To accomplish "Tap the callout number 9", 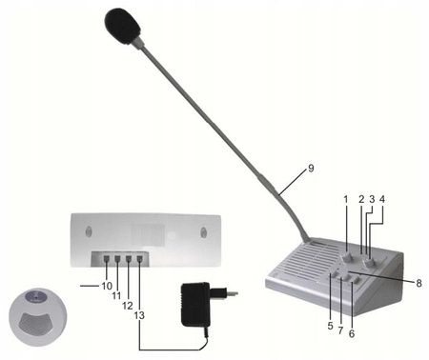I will (x=310, y=169).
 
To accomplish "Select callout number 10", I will (x=106, y=286).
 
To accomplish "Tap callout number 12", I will (x=129, y=305).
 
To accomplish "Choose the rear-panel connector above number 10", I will (x=106, y=258).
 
